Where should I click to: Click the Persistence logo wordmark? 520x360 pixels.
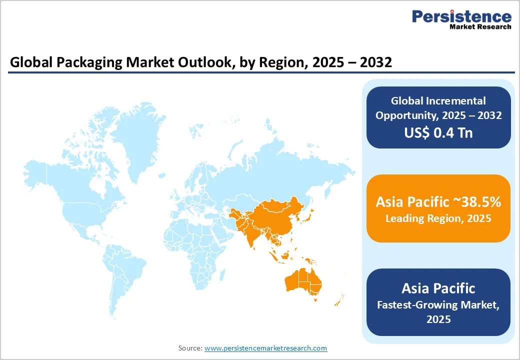pyautogui.click(x=461, y=16)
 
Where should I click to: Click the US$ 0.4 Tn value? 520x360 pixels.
pyautogui.click(x=438, y=132)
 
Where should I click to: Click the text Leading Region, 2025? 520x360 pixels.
pyautogui.click(x=438, y=218)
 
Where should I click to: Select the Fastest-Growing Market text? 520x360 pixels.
pyautogui.click(x=438, y=304)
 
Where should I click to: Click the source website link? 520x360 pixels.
pyautogui.click(x=265, y=348)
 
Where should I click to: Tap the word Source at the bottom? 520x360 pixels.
pyautogui.click(x=190, y=348)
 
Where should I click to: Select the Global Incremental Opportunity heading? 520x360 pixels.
pyautogui.click(x=438, y=108)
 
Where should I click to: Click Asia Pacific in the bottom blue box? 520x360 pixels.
pyautogui.click(x=438, y=288)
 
